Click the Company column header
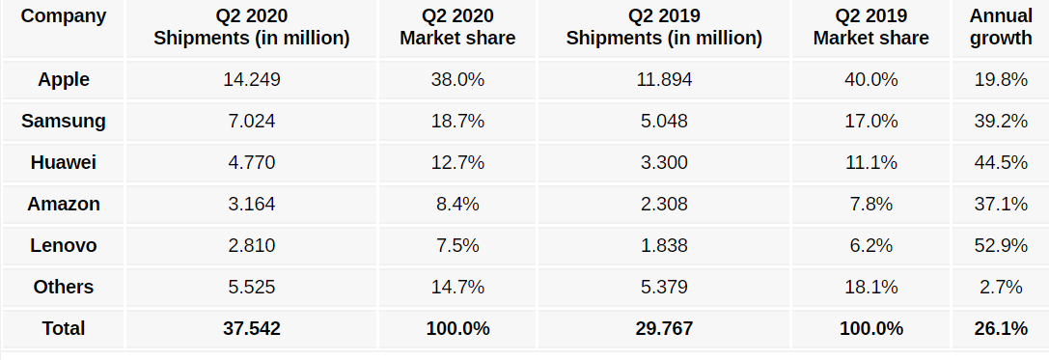64,16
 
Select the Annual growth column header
1001,27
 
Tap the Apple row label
64,80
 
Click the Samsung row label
64,122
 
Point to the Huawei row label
64,163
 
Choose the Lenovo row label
64,245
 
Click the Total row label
64,328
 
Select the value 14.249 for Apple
251,80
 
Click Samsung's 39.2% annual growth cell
1001,122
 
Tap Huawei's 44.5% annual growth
1001,163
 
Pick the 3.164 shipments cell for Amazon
251,204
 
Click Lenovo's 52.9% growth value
1001,245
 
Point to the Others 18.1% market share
870,287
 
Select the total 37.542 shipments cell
251,328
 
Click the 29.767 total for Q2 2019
664,328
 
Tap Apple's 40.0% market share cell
870,80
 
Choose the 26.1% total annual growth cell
1001,328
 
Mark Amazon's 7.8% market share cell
870,204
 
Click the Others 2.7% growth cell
1001,287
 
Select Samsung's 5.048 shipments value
664,122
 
